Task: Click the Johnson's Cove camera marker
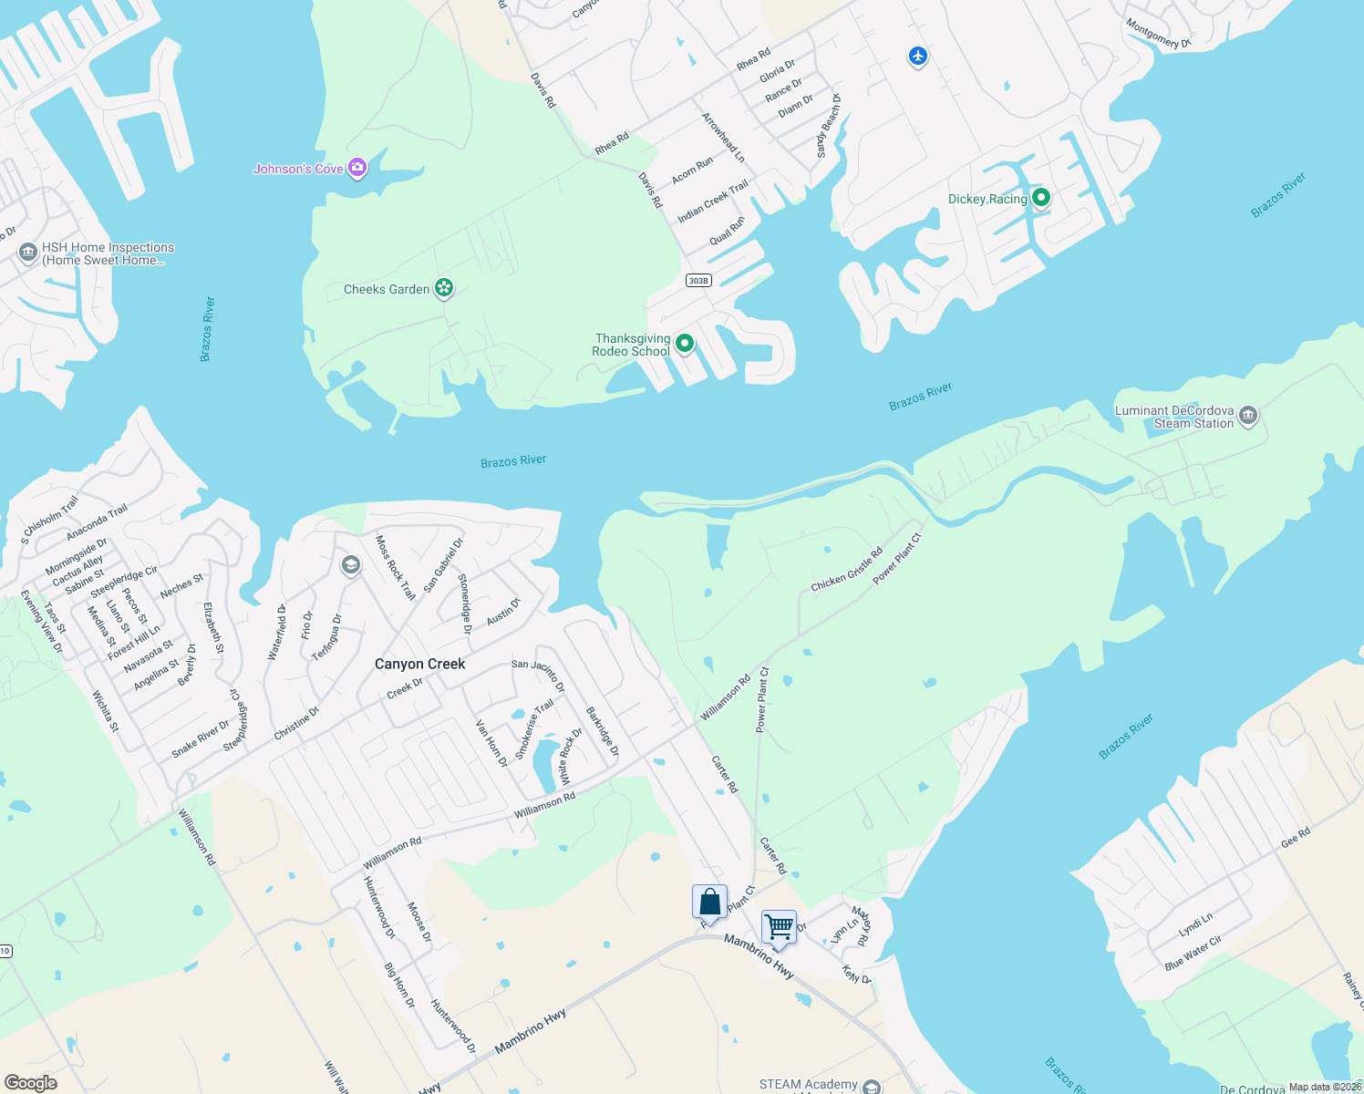(x=357, y=167)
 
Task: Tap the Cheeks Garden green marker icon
(x=444, y=289)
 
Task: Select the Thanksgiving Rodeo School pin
(x=685, y=344)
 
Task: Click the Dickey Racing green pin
(x=1040, y=198)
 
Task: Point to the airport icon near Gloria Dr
(x=918, y=57)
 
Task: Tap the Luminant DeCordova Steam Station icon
(x=1248, y=417)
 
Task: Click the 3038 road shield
(x=698, y=280)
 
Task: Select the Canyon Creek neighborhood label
(x=420, y=664)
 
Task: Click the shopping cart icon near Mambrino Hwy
(x=779, y=927)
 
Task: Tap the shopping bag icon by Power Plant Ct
(x=709, y=902)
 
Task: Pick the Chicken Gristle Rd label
(x=847, y=570)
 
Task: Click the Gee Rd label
(x=1296, y=838)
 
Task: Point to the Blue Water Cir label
(x=1193, y=952)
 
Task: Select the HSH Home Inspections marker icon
(x=28, y=252)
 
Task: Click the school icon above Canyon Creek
(x=350, y=565)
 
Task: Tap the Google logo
(x=31, y=1083)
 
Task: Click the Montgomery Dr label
(x=1158, y=34)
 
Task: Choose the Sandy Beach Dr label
(x=828, y=126)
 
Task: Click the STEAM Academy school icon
(x=872, y=1087)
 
